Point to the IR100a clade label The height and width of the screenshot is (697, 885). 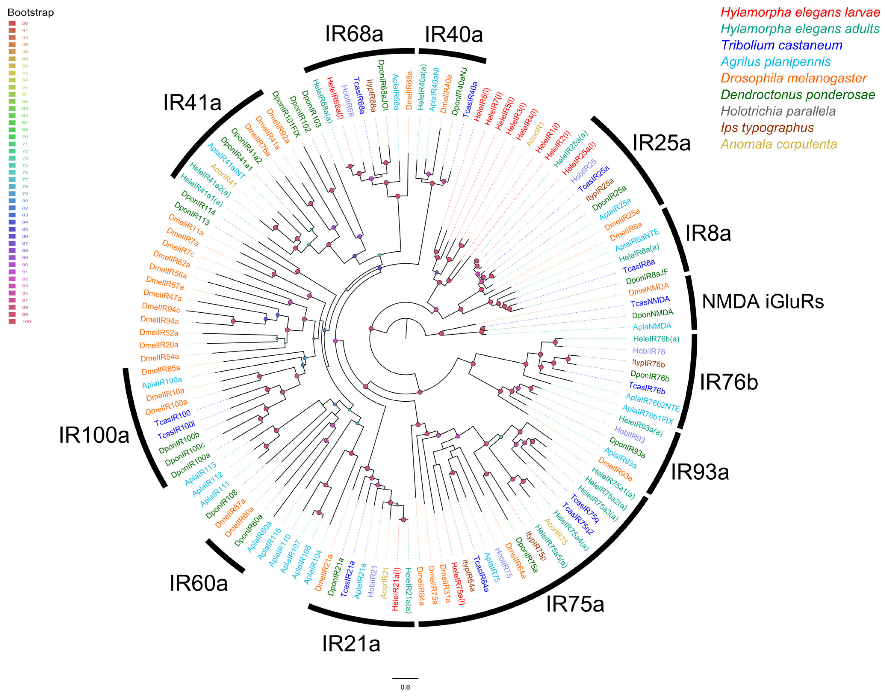[94, 435]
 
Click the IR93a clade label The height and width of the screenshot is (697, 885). [700, 472]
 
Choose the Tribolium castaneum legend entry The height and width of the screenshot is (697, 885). [781, 45]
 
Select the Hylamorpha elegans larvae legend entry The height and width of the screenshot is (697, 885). [800, 12]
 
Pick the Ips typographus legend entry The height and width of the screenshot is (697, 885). [767, 128]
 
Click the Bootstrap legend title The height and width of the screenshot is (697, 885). [31, 13]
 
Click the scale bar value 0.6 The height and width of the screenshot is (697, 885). [405, 687]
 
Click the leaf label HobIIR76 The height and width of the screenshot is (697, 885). [649, 351]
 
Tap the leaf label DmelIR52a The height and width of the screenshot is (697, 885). [159, 333]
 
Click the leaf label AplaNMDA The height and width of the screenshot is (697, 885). [652, 326]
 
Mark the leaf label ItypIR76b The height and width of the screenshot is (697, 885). [648, 363]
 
